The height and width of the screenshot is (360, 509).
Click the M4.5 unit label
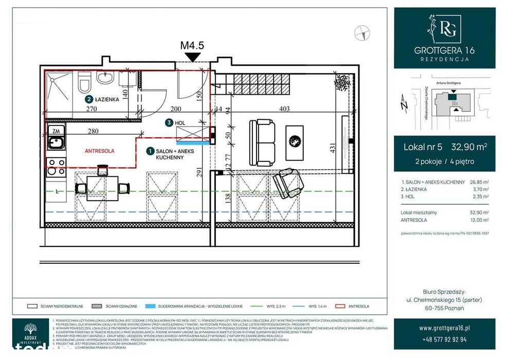(192, 45)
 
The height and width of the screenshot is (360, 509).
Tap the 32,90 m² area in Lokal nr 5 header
(469, 147)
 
